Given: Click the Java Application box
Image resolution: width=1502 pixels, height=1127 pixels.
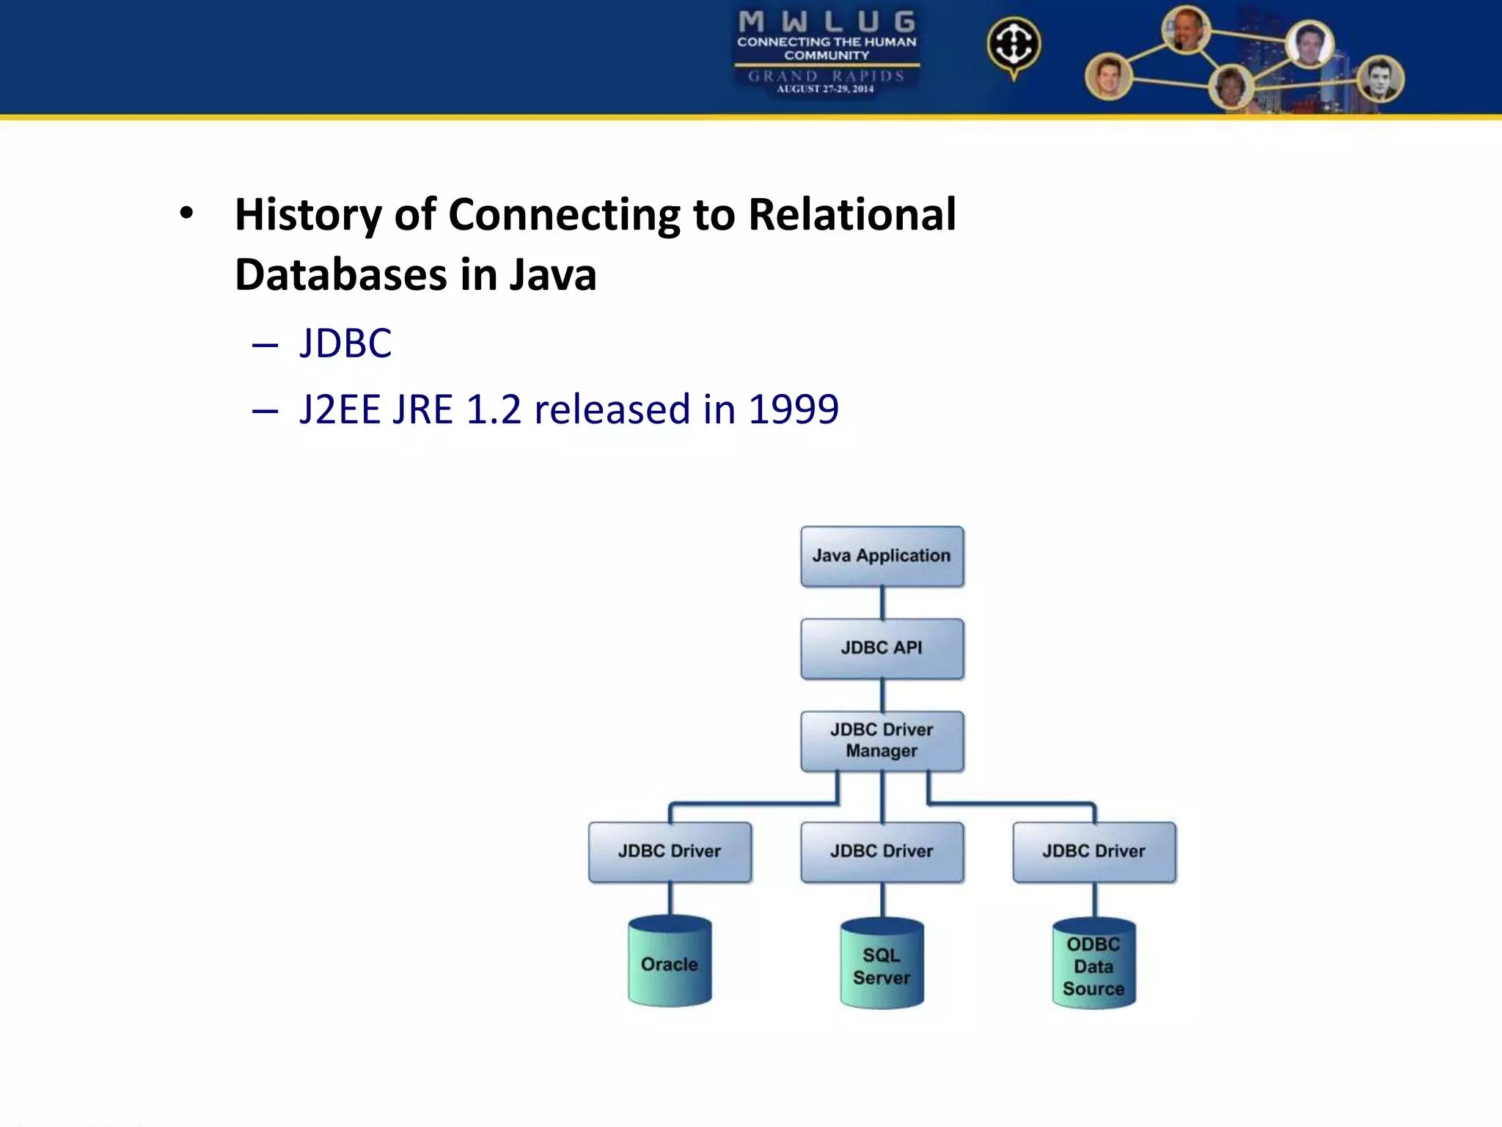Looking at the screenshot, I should (882, 556).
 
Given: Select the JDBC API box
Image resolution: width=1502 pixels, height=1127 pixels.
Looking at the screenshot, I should (882, 649).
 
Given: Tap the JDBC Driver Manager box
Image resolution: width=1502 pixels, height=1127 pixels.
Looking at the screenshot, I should (882, 741).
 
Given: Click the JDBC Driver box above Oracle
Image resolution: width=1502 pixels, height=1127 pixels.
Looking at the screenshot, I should (670, 852).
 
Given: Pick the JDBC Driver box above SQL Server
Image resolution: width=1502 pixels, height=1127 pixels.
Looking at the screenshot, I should (882, 852).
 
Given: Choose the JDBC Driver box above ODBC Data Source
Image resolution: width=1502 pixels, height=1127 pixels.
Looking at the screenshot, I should (1093, 852).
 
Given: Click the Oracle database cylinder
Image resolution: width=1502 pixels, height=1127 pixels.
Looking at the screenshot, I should (670, 963).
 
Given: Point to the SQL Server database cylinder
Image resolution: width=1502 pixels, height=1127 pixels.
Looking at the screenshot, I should (882, 966).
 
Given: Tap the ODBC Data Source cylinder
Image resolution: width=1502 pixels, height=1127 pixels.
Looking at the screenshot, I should (1093, 966).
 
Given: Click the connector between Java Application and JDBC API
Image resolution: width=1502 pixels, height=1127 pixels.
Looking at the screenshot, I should (882, 603).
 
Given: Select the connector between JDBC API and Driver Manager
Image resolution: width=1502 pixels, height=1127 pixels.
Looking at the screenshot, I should (882, 696).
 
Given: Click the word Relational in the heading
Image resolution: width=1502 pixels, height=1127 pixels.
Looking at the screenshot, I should (851, 215).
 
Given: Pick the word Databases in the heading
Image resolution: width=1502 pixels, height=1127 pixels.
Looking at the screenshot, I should (340, 275).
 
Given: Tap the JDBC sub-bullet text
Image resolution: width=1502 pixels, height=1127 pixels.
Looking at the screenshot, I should (345, 343).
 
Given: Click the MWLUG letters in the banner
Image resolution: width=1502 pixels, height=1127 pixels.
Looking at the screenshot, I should (827, 22).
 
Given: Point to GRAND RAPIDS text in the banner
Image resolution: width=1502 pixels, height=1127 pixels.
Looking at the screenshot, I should (827, 76).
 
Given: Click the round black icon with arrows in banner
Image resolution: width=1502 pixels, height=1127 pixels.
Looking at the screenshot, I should (1014, 44).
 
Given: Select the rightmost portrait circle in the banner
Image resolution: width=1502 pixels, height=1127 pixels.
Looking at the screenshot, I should (1380, 79).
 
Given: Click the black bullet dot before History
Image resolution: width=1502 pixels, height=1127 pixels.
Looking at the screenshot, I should (187, 214).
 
